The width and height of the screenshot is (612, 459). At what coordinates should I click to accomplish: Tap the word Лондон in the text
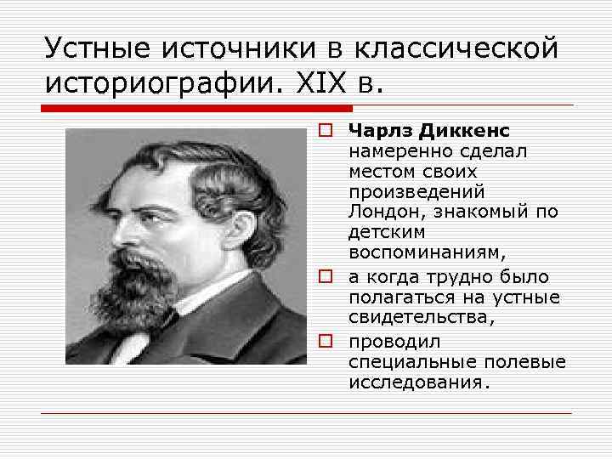[x=382, y=210]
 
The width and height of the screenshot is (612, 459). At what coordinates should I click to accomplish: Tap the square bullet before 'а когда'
[x=326, y=277]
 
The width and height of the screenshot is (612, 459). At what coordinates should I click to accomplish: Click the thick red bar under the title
[x=195, y=109]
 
